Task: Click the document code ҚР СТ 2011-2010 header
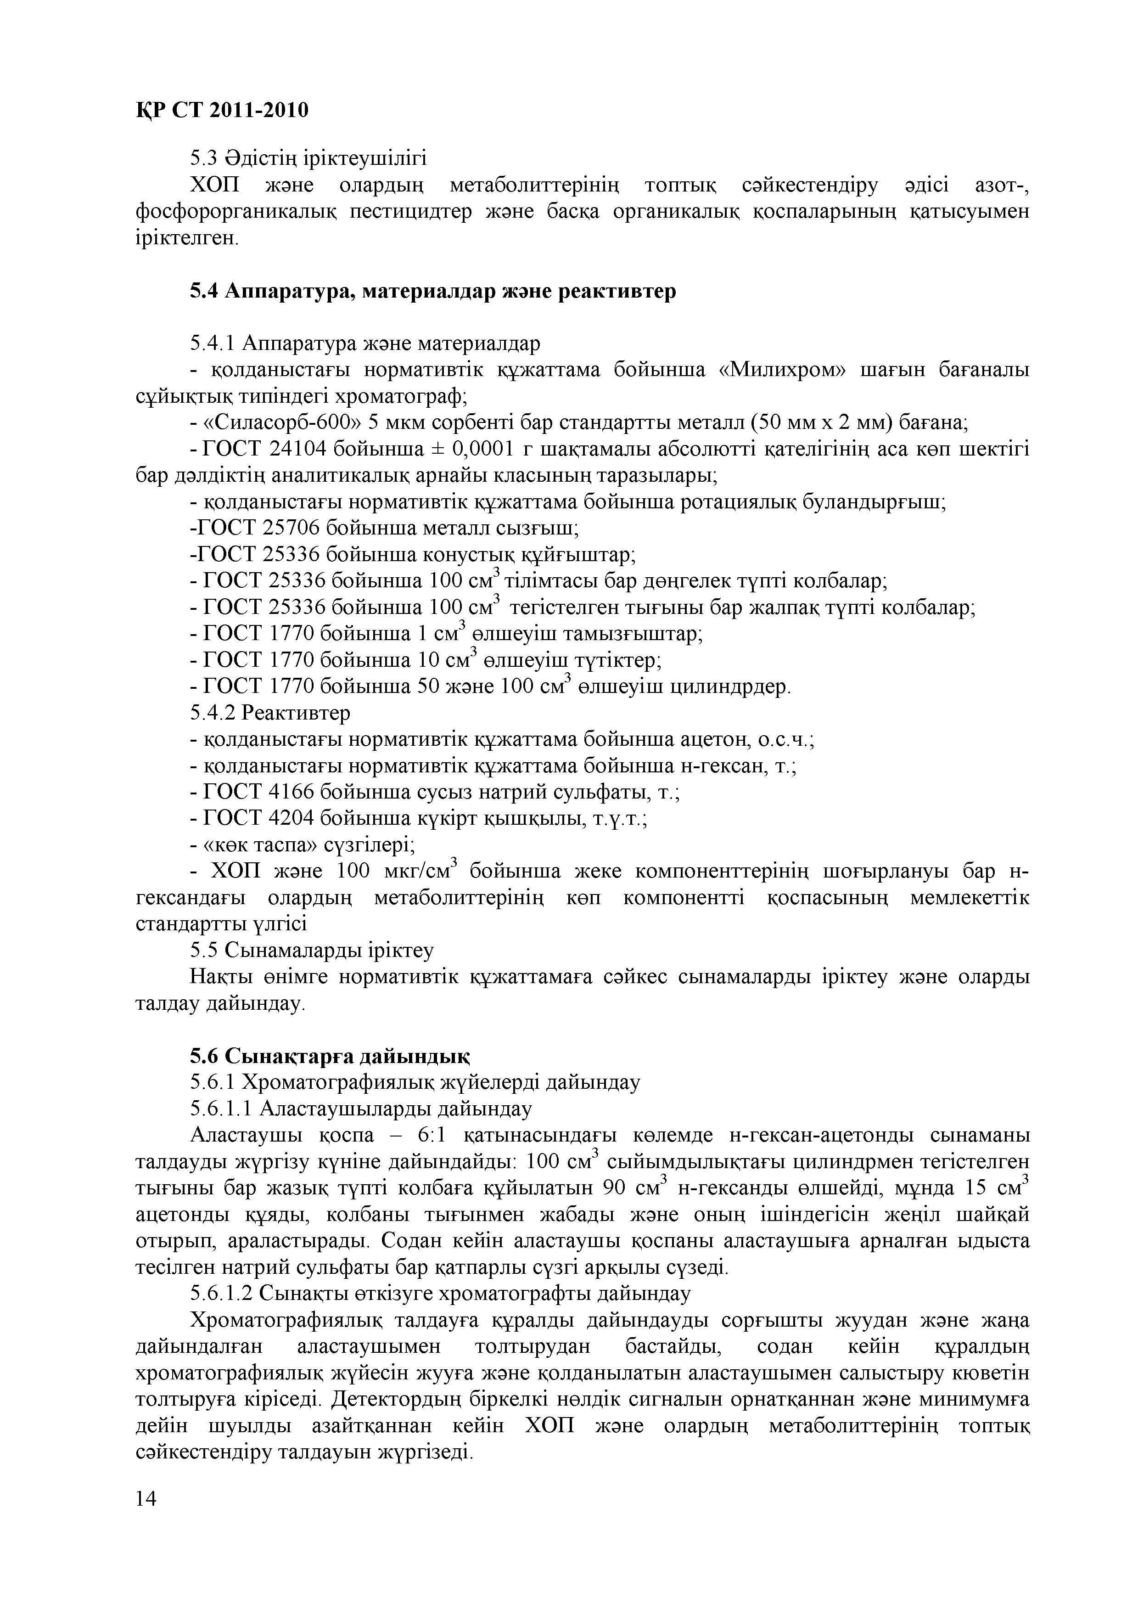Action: pyautogui.click(x=221, y=110)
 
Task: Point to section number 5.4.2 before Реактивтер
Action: pyautogui.click(x=213, y=713)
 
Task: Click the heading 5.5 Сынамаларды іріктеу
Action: pyautogui.click(x=312, y=950)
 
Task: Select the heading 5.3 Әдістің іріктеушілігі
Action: pyautogui.click(x=308, y=158)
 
